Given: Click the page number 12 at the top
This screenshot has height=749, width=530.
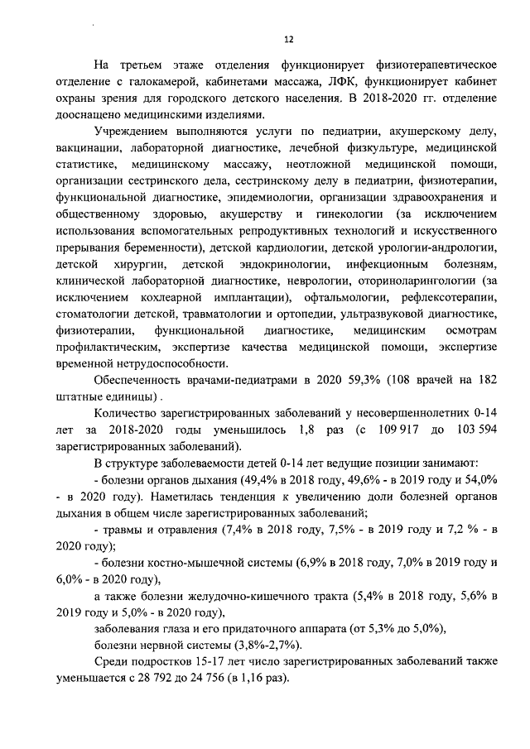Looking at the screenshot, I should [287, 40].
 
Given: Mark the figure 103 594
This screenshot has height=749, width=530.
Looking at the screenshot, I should [474, 430].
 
